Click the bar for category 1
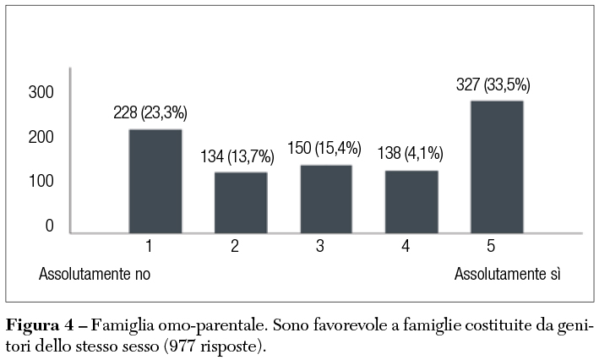pyautogui.click(x=155, y=181)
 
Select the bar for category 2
pyautogui.click(x=241, y=202)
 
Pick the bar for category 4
pyautogui.click(x=411, y=201)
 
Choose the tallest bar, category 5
pyautogui.click(x=497, y=166)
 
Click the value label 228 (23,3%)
pyautogui.click(x=150, y=113)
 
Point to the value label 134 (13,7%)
pyautogui.click(x=237, y=156)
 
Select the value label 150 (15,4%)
pyautogui.click(x=324, y=149)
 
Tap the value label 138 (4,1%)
pyautogui.click(x=408, y=155)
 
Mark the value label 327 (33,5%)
pyautogui.click(x=493, y=85)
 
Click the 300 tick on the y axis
pyautogui.click(x=41, y=92)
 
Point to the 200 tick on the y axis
pyautogui.click(x=41, y=137)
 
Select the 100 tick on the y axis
pyautogui.click(x=41, y=182)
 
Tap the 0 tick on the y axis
pyautogui.click(x=49, y=226)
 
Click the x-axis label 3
pyautogui.click(x=320, y=247)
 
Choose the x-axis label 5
pyautogui.click(x=491, y=247)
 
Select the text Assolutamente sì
pyautogui.click(x=508, y=275)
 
